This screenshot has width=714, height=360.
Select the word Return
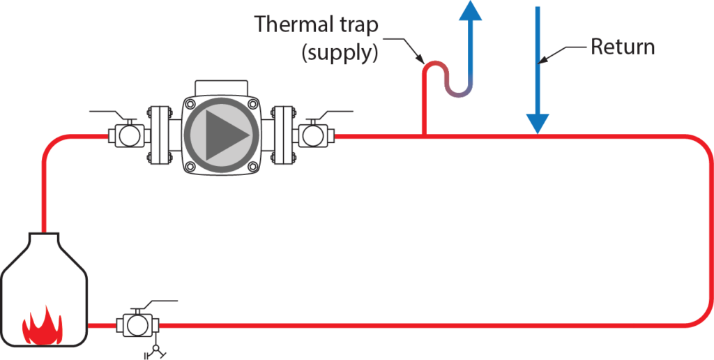pyautogui.click(x=623, y=47)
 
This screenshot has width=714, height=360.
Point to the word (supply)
pyautogui.click(x=340, y=53)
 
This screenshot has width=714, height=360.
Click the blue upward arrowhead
pyautogui.click(x=472, y=10)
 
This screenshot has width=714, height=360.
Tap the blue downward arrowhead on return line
pyautogui.click(x=537, y=123)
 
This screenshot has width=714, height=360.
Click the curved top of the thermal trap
pyautogui.click(x=434, y=64)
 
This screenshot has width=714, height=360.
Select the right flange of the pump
pyautogui.click(x=284, y=135)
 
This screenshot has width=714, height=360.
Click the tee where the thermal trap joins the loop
pyautogui.click(x=424, y=135)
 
